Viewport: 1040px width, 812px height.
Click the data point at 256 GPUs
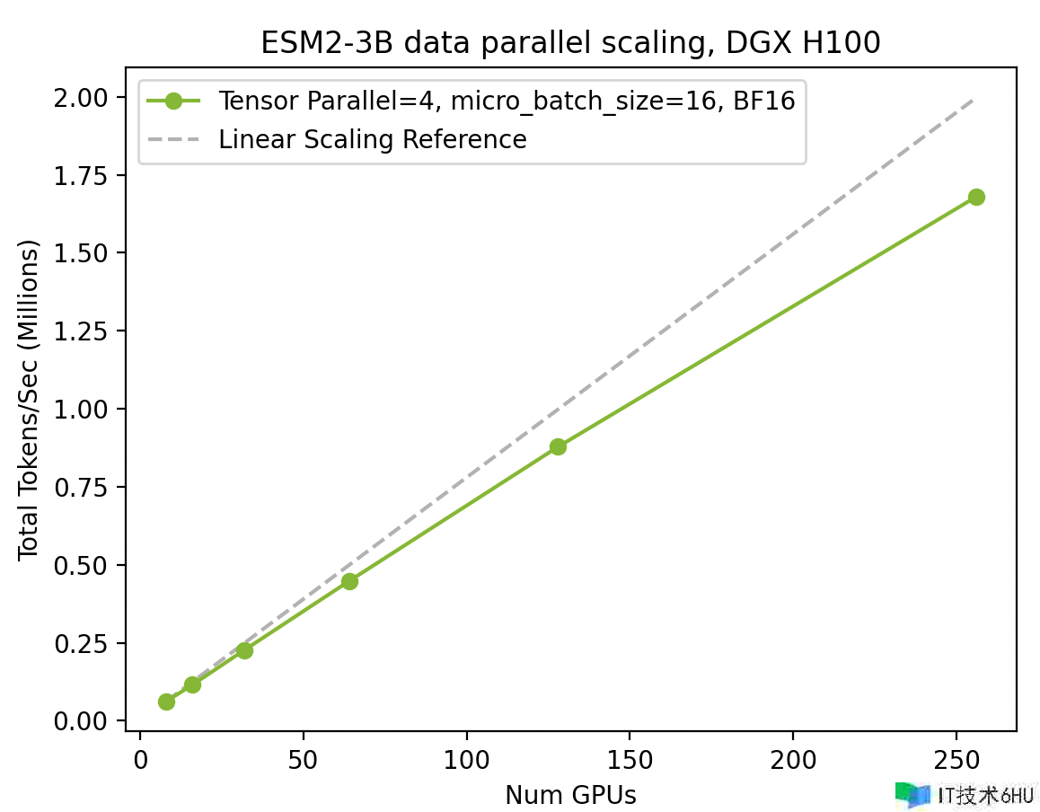pos(976,197)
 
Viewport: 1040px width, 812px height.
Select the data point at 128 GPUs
pos(558,446)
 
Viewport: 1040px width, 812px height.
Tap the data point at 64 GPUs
pos(349,581)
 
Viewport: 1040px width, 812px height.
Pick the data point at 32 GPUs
pos(244,650)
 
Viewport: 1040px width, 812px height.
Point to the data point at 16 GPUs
pos(192,684)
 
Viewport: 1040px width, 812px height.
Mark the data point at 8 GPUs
pos(166,702)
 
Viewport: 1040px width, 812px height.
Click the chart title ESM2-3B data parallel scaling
pos(570,43)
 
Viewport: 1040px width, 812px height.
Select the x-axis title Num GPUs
pos(570,795)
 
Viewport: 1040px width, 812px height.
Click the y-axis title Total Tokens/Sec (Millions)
pos(30,400)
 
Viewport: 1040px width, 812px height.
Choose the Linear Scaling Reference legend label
pos(373,140)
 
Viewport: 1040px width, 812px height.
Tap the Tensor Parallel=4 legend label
pos(507,101)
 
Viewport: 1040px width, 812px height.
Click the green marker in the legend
pos(174,101)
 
